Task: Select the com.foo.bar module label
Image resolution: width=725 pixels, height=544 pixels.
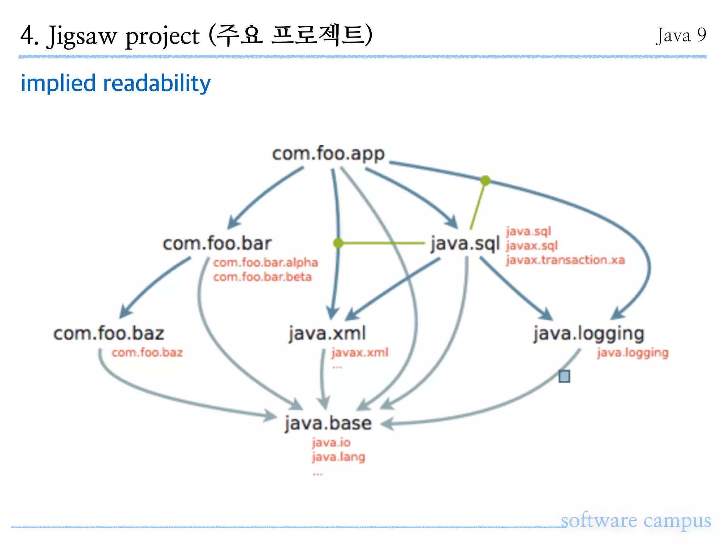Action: click(x=217, y=244)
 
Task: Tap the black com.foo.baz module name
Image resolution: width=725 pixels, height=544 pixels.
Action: click(x=109, y=334)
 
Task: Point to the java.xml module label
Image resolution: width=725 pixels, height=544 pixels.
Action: click(x=327, y=334)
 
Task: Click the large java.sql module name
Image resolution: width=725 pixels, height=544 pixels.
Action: click(x=465, y=244)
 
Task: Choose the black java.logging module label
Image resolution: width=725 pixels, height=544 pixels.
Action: click(x=589, y=334)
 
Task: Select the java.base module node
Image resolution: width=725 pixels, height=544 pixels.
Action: click(x=328, y=423)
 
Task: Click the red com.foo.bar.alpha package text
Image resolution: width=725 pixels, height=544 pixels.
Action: click(x=266, y=262)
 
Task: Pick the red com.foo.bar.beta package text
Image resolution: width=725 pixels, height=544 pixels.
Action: click(x=262, y=277)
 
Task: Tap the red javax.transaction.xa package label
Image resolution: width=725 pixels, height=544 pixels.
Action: click(x=565, y=260)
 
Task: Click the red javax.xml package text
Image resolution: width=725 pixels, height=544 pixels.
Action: click(x=360, y=352)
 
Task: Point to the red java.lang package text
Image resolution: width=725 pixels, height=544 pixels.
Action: click(x=338, y=457)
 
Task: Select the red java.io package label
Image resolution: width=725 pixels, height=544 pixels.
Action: click(x=331, y=443)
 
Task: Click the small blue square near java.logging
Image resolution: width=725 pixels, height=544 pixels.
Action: click(x=564, y=376)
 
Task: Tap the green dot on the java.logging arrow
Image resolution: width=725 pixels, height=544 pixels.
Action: click(x=485, y=181)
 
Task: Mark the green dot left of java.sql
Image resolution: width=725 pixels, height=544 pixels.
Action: click(x=338, y=243)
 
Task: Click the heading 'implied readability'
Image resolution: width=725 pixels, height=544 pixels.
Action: click(x=116, y=83)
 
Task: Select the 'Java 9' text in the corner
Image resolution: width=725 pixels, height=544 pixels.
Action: click(x=681, y=35)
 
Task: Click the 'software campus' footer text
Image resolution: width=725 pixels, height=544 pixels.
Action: click(x=636, y=521)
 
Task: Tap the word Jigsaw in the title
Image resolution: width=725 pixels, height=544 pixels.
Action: click(x=82, y=36)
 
